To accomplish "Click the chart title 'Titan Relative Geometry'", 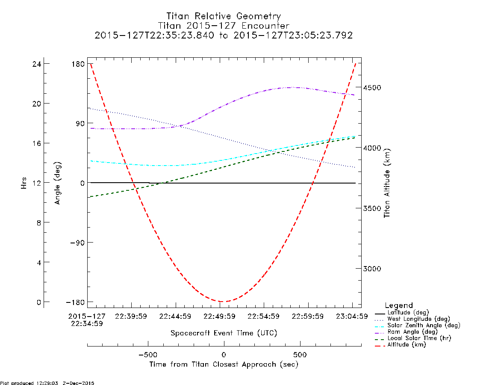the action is [224, 16].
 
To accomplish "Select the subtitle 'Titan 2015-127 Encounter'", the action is [224, 26].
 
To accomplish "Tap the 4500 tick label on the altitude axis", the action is [372, 88].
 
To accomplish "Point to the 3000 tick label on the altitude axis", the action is [372, 269].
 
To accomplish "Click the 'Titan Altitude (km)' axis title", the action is [387, 183].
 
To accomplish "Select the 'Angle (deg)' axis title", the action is [57, 183].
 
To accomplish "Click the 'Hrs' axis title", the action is [24, 183].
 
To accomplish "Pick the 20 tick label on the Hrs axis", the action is [37, 104].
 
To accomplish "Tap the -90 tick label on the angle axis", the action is [77, 243].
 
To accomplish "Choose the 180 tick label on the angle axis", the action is [78, 64].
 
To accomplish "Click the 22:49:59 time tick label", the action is [219, 317].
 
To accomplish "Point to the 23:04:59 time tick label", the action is [352, 317].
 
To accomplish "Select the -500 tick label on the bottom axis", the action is [148, 355].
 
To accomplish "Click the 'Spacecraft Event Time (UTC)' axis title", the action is [224, 333].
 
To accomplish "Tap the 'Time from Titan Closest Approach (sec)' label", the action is [224, 364].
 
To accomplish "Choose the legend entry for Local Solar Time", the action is [413, 338].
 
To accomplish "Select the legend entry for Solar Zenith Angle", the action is [417, 326].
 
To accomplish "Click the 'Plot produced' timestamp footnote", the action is [47, 383].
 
